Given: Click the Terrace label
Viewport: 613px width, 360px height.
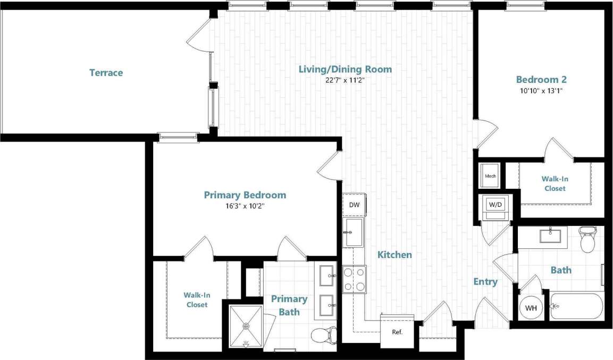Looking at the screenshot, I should [x=106, y=72].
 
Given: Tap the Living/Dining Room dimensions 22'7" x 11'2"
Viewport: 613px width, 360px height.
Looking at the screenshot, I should [x=345, y=81].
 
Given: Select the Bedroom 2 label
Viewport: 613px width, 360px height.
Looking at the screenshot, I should [x=541, y=80].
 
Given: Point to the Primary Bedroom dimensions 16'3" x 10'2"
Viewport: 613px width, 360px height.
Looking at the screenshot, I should [x=245, y=206].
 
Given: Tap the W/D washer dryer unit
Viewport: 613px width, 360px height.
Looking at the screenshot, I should [x=495, y=205].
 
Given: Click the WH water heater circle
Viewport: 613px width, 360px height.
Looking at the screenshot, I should [x=531, y=308].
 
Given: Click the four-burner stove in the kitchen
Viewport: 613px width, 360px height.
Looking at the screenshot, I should [x=354, y=279].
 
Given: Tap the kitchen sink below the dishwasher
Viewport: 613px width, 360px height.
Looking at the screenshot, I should [x=353, y=232].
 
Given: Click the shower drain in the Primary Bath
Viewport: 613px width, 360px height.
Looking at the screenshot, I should [x=246, y=325].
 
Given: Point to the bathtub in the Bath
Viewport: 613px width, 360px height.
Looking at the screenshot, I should [x=576, y=306].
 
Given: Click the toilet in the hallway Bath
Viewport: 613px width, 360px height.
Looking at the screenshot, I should [x=587, y=240].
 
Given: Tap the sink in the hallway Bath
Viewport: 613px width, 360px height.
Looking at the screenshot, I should [x=553, y=235].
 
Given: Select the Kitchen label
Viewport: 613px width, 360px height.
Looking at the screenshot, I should [x=394, y=255].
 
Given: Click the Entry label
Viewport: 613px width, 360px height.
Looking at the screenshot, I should [x=485, y=282].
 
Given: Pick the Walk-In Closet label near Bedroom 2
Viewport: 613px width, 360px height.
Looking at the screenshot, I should [x=555, y=184].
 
